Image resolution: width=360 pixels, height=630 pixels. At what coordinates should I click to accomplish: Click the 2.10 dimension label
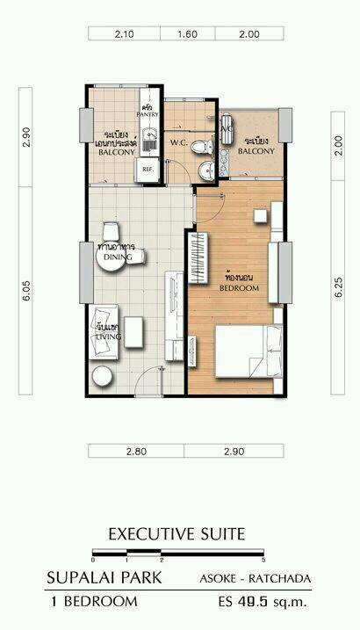click(x=123, y=34)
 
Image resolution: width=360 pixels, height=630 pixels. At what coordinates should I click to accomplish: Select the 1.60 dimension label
click(x=188, y=34)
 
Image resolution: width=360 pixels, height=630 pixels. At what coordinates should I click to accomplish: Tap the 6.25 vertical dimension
click(x=338, y=287)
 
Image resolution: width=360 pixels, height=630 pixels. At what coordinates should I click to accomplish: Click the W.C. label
click(x=176, y=141)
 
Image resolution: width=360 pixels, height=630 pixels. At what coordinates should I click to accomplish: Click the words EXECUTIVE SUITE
click(x=176, y=533)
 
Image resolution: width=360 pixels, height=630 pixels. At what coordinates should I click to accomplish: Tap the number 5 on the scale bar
click(x=263, y=560)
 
